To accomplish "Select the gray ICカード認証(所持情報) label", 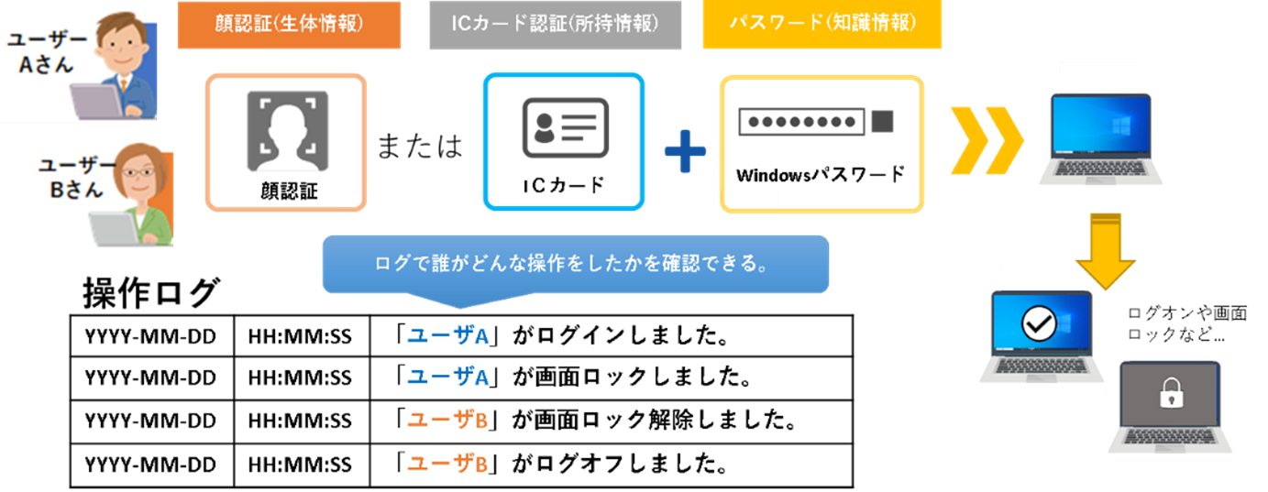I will [555, 25].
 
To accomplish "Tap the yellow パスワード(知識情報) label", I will [822, 25].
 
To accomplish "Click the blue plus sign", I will [685, 152].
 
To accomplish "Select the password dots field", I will [800, 121].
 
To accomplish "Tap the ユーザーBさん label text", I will [72, 178].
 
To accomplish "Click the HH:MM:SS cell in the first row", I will [301, 336].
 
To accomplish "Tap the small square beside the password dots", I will [881, 121].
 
